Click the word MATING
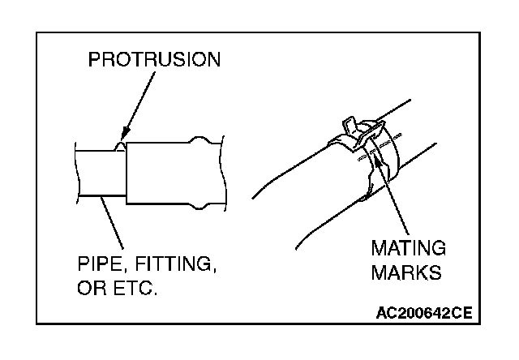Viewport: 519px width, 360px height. (409, 247)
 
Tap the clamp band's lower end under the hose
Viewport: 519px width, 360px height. (367, 194)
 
